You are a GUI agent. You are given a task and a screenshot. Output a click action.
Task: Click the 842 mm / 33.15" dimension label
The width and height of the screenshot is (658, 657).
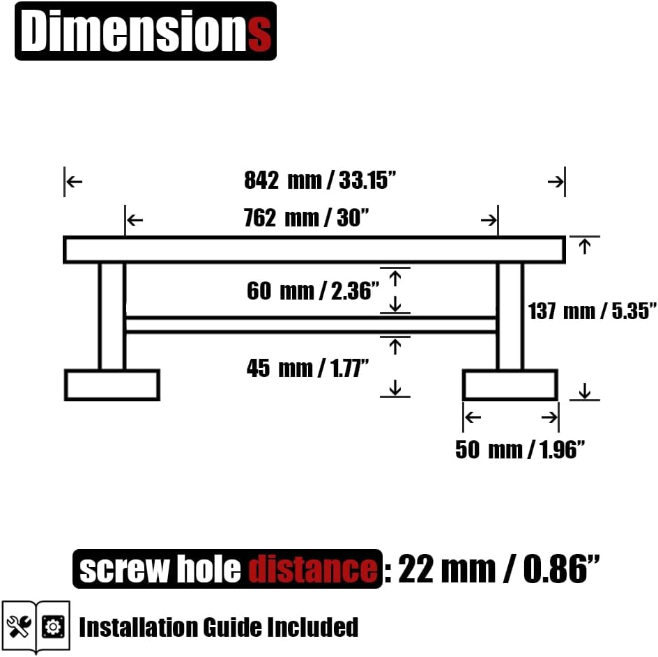(x=320, y=180)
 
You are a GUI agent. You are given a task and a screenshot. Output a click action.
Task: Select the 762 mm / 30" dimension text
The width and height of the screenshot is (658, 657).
(x=306, y=218)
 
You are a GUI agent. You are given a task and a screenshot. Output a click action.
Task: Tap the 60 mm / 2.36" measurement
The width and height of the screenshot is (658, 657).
(x=313, y=291)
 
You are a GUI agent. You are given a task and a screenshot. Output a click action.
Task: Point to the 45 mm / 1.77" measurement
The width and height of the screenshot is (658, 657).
(x=307, y=368)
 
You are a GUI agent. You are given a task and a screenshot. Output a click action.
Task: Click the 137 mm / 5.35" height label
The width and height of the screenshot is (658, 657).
(x=592, y=311)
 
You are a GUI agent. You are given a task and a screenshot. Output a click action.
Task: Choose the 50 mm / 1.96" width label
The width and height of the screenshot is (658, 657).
(x=519, y=449)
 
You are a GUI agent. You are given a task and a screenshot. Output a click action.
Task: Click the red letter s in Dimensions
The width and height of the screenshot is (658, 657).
(x=259, y=35)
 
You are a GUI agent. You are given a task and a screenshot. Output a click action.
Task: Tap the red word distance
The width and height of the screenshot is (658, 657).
(x=313, y=569)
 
